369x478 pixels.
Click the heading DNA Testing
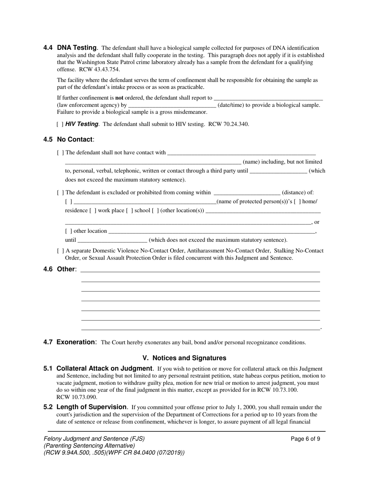(77, 48)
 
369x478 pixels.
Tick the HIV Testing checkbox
(60, 124)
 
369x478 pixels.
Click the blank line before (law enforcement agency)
(268, 98)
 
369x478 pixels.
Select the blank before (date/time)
(172, 105)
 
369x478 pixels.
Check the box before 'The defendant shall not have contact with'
(60, 153)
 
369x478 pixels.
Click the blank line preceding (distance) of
(247, 193)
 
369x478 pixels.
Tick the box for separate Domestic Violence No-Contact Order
(60, 251)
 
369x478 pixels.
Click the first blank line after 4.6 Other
(200, 270)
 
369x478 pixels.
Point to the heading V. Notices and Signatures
(184, 358)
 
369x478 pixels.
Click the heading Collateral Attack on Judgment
(104, 368)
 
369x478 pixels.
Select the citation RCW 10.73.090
(77, 397)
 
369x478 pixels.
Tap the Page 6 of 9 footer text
(305, 439)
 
